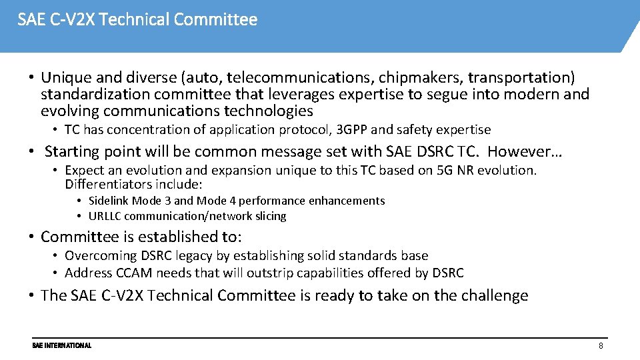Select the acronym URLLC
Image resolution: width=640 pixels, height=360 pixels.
105,216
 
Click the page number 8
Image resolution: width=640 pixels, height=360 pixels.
601,346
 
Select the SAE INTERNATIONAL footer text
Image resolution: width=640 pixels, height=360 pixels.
61,345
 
